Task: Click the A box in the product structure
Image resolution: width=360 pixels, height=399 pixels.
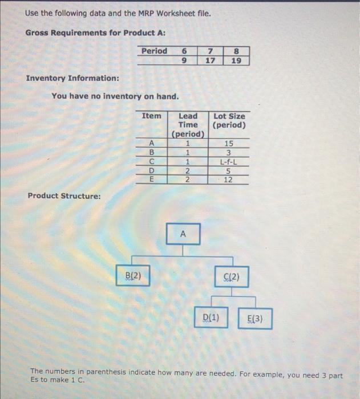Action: pyautogui.click(x=183, y=234)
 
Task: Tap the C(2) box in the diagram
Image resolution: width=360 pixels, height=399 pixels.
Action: pyautogui.click(x=231, y=278)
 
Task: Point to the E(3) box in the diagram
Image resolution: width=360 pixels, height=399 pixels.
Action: pyautogui.click(x=255, y=319)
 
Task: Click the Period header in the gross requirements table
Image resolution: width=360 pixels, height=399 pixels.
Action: pyautogui.click(x=155, y=51)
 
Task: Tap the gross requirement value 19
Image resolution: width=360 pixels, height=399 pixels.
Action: pyautogui.click(x=235, y=59)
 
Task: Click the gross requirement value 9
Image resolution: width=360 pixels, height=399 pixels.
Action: pyautogui.click(x=183, y=59)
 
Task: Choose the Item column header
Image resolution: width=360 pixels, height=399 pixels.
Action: pyautogui.click(x=151, y=116)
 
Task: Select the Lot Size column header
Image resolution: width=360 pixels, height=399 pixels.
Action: pyautogui.click(x=229, y=120)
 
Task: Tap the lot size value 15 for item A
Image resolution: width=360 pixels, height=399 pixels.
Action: pyautogui.click(x=229, y=144)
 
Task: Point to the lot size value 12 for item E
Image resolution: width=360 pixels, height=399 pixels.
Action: pyautogui.click(x=229, y=180)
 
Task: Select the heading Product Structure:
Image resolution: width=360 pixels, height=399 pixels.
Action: pyautogui.click(x=64, y=196)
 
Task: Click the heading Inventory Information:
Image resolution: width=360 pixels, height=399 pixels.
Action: pyautogui.click(x=72, y=78)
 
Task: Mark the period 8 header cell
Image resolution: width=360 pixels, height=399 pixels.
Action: pyautogui.click(x=235, y=51)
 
